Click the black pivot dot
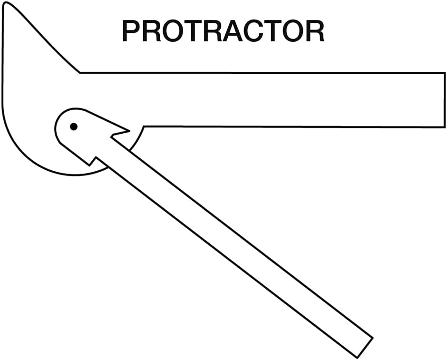coord(74,126)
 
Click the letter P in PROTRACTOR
coord(132,31)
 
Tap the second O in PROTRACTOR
coord(293,31)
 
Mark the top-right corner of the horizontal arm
coord(445,73)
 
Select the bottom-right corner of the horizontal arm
coord(445,127)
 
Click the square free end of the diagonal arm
coord(365,348)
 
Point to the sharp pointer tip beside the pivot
coord(129,131)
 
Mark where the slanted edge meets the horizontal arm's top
coord(80,73)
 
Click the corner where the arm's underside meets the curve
coord(144,126)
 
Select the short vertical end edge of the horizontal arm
coord(445,100)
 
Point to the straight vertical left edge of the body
coord(3,54)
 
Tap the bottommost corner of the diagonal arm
coord(357,358)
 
